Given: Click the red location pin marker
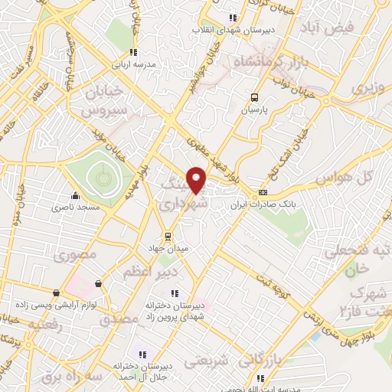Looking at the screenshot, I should click(x=198, y=179).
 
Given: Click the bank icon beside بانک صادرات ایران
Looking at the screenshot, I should click(x=263, y=192).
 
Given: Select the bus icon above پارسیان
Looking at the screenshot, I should click(x=254, y=97).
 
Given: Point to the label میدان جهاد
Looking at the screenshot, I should click(x=167, y=248).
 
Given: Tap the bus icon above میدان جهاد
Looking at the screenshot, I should click(x=167, y=236).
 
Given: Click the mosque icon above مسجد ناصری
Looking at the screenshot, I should click(x=75, y=194).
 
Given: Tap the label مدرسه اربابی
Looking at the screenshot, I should click(x=134, y=65).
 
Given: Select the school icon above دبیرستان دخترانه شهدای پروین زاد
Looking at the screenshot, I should click(x=175, y=292).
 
